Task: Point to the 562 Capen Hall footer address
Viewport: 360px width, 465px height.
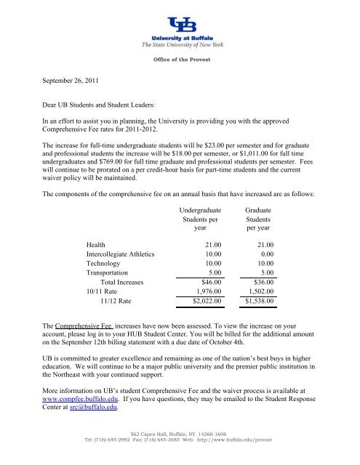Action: (179, 452)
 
